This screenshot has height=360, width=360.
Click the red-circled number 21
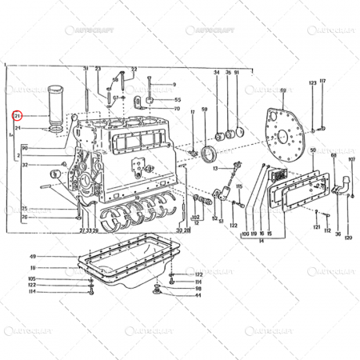17,116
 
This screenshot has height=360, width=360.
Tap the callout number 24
17,127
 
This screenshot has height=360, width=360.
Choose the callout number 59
205,109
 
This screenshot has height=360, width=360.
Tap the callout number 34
216,73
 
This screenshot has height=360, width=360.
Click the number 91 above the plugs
238,73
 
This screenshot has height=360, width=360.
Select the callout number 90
25,148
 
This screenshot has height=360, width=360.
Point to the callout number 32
26,166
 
